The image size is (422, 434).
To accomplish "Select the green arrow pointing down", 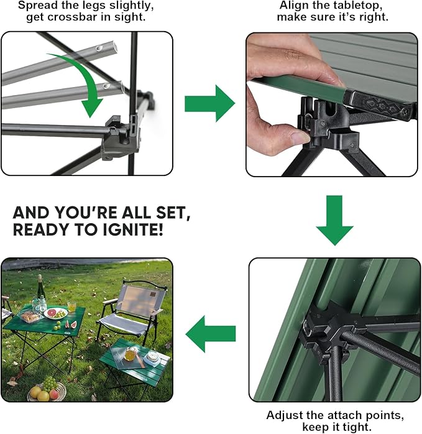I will point(334,220).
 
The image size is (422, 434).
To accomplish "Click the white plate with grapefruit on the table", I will point(56,313).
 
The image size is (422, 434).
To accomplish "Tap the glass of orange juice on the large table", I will point(72,306).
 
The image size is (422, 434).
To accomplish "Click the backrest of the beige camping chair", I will point(140,300).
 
